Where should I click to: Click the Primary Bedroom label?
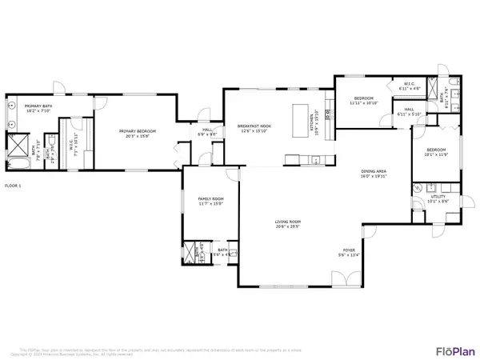point(137,133)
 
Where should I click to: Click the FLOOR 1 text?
point(14,186)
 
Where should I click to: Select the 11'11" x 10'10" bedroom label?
point(362,102)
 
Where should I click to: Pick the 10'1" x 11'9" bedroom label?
point(436,152)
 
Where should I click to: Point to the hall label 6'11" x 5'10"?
point(408,112)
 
